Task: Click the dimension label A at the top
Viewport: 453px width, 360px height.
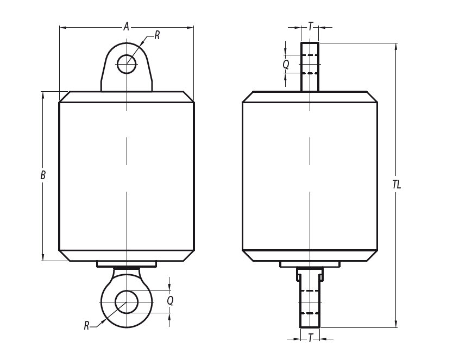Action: point(126,26)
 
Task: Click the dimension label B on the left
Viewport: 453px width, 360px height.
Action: point(43,175)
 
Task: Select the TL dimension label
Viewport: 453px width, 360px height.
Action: point(397,184)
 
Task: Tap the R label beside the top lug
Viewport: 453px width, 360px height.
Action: point(157,35)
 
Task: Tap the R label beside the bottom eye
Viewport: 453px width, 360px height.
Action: point(86,325)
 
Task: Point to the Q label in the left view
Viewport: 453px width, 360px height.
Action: point(170,300)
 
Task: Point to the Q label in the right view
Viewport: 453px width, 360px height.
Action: point(286,64)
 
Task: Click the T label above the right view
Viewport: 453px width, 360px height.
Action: point(310,26)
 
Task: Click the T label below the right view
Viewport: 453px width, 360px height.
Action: point(310,338)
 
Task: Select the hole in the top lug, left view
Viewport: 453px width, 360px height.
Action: point(127,64)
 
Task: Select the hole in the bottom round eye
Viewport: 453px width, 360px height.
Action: point(127,302)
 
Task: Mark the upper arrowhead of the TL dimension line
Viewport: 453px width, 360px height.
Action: point(397,47)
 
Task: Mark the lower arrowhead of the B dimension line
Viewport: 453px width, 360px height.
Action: point(43,257)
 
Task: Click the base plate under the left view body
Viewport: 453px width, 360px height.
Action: point(127,264)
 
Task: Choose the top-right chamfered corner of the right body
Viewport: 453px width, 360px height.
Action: point(372,97)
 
